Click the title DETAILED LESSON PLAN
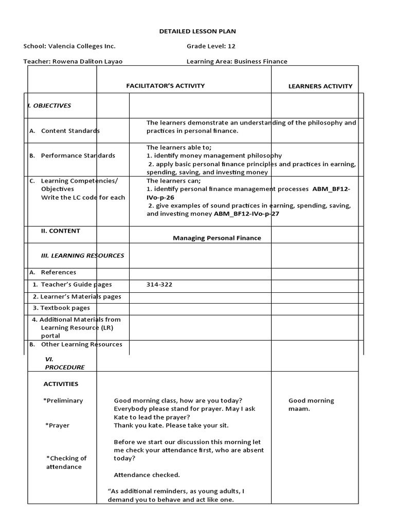197,31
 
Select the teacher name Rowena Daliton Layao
87,61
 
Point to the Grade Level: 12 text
211,46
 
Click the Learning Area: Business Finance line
237,61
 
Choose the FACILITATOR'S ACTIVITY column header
166,86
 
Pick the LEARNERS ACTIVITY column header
320,86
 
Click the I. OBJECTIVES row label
49,106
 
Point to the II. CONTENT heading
61,231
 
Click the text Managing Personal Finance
217,238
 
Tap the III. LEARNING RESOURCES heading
82,255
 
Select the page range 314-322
159,284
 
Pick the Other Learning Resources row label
81,344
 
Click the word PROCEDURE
64,367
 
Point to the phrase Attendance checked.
147,475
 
